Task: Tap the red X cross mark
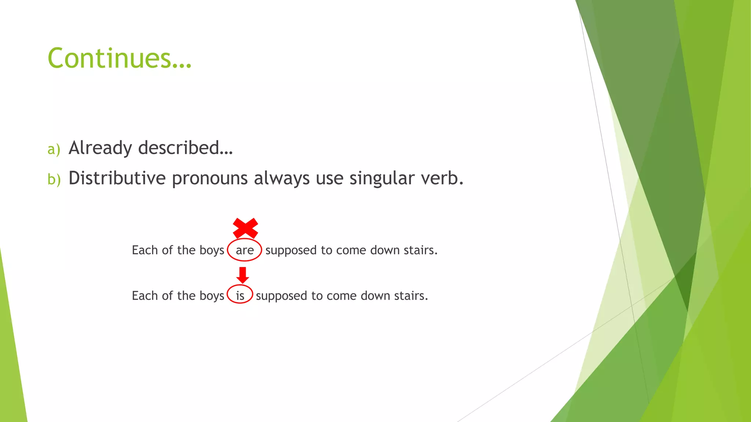point(245,228)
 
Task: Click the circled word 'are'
point(245,250)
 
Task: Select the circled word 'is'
point(240,295)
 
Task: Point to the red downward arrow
point(242,275)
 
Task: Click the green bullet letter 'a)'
point(54,149)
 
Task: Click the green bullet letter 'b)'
point(54,179)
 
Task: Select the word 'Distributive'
point(117,178)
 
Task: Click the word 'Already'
point(100,148)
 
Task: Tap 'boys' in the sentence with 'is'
point(212,296)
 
